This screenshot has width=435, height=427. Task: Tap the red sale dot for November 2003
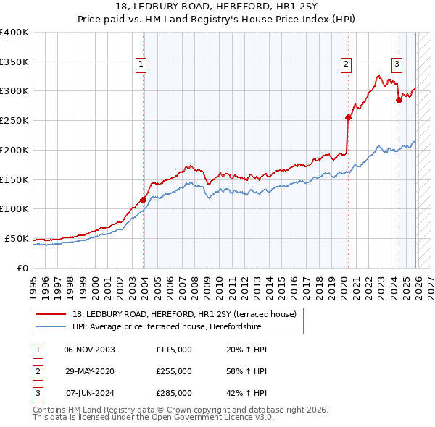click(144, 200)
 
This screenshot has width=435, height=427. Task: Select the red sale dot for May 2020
click(349, 117)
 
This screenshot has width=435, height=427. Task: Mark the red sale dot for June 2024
click(399, 101)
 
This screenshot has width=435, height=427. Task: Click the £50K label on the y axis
click(17, 238)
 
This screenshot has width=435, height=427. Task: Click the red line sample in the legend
click(51, 314)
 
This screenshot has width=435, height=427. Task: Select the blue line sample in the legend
click(51, 326)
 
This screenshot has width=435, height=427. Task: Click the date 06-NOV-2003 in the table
click(90, 350)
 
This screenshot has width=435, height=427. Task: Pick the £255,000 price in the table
click(174, 371)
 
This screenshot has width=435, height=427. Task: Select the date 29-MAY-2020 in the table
click(90, 371)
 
